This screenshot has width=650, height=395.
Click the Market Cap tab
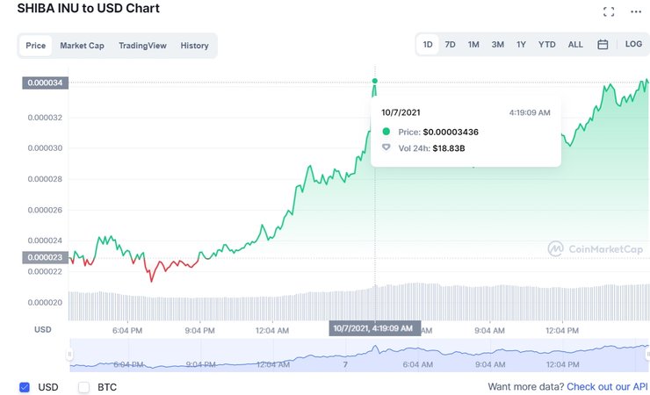click(x=82, y=46)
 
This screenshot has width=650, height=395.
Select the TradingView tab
click(x=142, y=46)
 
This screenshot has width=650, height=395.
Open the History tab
click(x=194, y=46)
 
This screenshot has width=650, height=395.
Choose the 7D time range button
click(x=450, y=44)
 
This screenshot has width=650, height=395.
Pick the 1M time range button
click(x=473, y=44)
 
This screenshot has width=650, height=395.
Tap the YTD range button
click(x=546, y=44)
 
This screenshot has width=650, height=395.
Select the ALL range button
click(x=575, y=44)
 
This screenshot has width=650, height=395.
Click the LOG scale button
click(x=633, y=44)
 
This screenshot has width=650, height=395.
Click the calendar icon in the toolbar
click(x=603, y=44)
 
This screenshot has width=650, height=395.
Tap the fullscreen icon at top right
click(x=609, y=11)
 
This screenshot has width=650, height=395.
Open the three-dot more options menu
click(x=636, y=11)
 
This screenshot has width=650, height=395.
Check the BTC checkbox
click(x=84, y=386)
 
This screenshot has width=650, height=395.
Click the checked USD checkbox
click(x=25, y=386)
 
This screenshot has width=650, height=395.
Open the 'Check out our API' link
click(x=607, y=386)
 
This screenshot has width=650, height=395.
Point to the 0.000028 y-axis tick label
click(x=45, y=178)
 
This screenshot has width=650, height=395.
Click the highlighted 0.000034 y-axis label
click(x=45, y=83)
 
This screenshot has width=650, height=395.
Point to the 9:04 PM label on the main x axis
click(x=199, y=330)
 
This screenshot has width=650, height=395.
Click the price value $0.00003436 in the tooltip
click(x=451, y=132)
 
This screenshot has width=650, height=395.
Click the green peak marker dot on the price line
click(x=375, y=81)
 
